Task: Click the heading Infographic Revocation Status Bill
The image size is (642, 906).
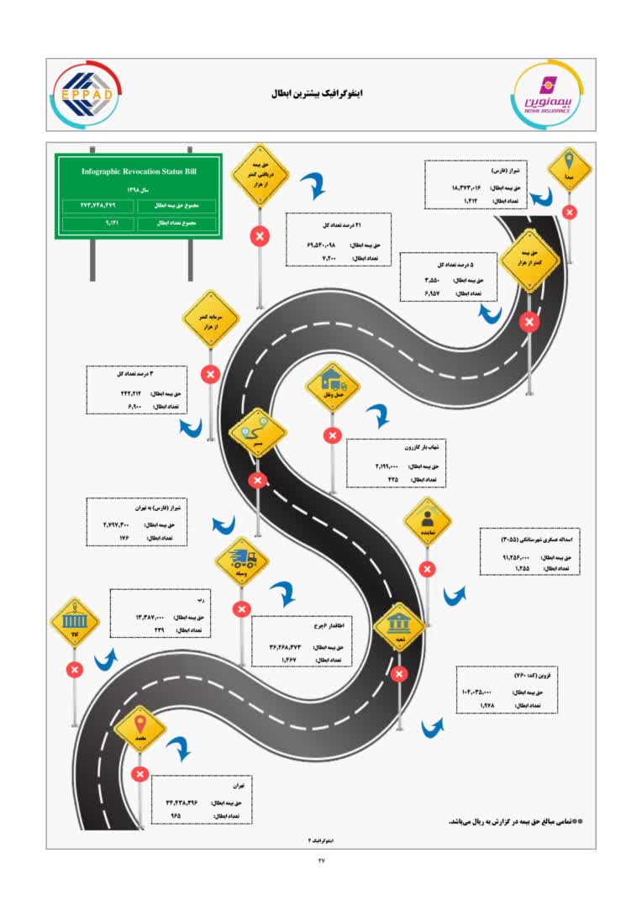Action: pos(139,171)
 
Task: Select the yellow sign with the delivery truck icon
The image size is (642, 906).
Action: pos(241,561)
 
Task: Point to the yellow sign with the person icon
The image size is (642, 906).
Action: pos(428,520)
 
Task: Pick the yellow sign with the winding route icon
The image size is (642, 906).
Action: pos(257,432)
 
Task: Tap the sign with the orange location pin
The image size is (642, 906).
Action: pos(139,727)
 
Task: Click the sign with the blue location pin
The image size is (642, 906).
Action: pos(570,169)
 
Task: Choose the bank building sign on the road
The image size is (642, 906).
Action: pos(399,626)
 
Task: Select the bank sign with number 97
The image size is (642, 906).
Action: pos(75,622)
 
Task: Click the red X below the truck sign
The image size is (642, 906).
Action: pos(242,609)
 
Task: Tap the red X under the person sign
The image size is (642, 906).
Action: pos(428,569)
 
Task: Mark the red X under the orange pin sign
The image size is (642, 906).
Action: pos(139,774)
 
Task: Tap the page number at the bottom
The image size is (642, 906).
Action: pos(320,859)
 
